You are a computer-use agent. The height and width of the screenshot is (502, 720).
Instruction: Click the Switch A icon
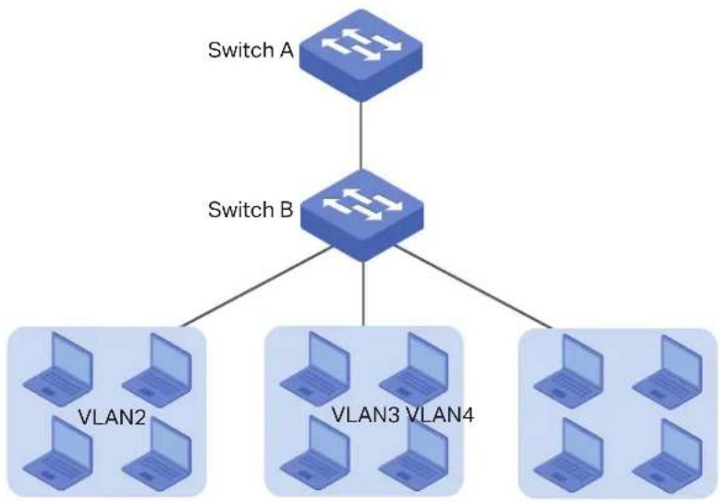360,55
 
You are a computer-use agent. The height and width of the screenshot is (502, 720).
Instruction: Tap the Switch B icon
361,215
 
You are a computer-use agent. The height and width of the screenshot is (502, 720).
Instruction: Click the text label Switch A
250,50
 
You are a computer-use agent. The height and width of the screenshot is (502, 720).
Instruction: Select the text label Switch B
250,210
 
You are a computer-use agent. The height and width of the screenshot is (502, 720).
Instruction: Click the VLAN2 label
112,418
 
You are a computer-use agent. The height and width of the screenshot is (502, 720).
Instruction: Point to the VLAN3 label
367,415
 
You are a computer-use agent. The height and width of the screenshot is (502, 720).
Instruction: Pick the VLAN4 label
440,415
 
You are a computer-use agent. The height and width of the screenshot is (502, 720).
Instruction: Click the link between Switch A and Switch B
360,136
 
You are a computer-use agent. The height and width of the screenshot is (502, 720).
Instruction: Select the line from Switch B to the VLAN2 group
257,287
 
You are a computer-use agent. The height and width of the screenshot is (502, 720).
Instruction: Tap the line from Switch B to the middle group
363,294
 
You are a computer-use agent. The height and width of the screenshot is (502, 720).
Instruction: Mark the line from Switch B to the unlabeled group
473,287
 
